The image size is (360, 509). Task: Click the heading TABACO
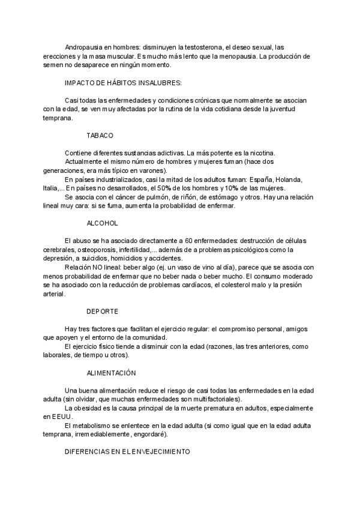100,136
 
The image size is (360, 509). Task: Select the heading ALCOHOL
103,223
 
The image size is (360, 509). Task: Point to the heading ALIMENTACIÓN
111,373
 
